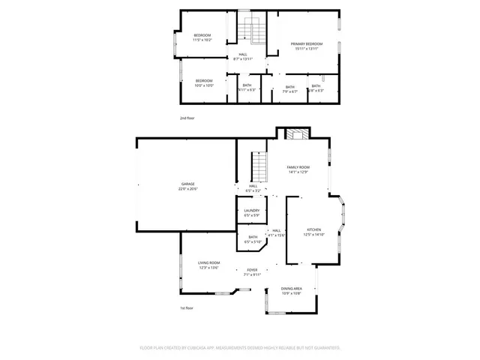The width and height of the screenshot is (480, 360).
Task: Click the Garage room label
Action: (x=187, y=184)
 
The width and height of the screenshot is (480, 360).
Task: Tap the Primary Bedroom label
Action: (x=306, y=44)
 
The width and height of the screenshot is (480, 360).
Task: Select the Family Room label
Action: (x=298, y=167)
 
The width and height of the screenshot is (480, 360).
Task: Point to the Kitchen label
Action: (x=313, y=229)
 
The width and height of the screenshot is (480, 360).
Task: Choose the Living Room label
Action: (x=208, y=262)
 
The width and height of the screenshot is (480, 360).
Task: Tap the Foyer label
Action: (x=251, y=270)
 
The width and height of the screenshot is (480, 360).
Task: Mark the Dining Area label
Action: (x=292, y=289)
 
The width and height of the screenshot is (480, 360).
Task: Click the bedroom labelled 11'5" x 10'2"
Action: (x=202, y=36)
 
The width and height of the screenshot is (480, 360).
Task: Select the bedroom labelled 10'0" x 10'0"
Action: (x=204, y=81)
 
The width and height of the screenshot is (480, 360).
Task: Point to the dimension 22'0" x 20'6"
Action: (x=187, y=189)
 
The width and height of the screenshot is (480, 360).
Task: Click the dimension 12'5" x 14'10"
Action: (x=313, y=235)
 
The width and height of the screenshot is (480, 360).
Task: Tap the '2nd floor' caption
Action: (x=187, y=118)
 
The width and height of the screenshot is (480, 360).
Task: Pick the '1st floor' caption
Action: (x=187, y=308)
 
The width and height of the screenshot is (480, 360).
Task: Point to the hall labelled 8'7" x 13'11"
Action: (x=243, y=55)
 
